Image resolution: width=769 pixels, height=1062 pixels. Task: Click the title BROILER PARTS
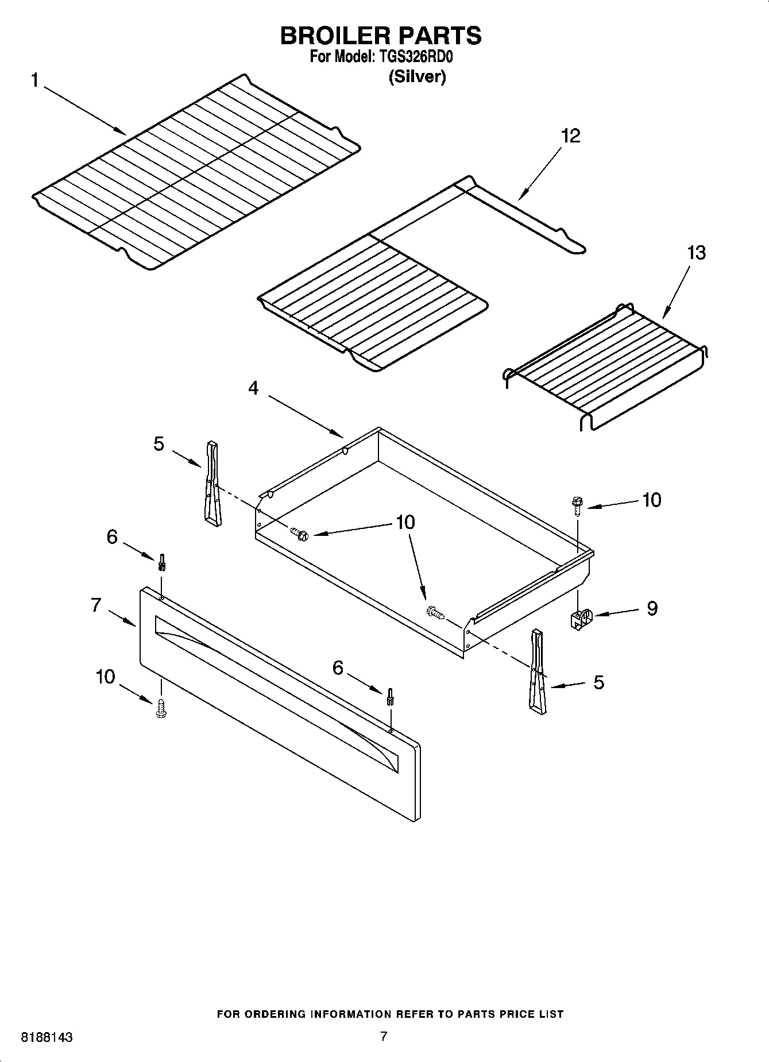pyautogui.click(x=380, y=36)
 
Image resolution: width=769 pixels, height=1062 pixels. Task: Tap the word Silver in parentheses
pyautogui.click(x=417, y=77)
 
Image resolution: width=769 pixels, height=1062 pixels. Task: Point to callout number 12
pyautogui.click(x=570, y=136)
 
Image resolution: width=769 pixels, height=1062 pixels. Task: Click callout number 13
pyautogui.click(x=696, y=253)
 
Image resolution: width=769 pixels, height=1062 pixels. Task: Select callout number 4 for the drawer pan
pyautogui.click(x=253, y=389)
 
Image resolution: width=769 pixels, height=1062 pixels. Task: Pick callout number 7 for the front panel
pyautogui.click(x=96, y=605)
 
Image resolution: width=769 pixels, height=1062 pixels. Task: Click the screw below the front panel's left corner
pyautogui.click(x=161, y=709)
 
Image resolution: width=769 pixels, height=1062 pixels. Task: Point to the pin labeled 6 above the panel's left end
pyautogui.click(x=163, y=562)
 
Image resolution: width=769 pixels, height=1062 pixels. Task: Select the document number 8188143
pyautogui.click(x=47, y=1038)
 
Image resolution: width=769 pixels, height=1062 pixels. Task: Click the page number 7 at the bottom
pyautogui.click(x=384, y=1037)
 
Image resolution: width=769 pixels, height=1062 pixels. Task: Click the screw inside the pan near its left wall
pyautogui.click(x=299, y=534)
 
